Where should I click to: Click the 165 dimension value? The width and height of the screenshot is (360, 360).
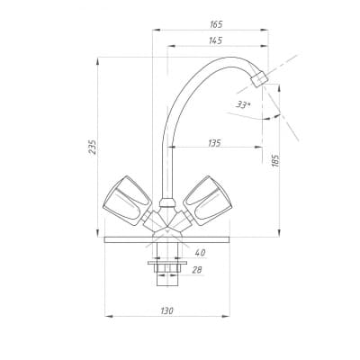coord(216,24)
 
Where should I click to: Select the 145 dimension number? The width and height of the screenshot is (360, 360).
coord(216,40)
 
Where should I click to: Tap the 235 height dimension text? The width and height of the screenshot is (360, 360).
coord(93,147)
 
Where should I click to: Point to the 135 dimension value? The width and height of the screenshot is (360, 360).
coord(214,143)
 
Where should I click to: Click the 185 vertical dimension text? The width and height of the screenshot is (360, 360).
coord(275,161)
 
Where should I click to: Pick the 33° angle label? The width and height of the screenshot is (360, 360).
coord(244,104)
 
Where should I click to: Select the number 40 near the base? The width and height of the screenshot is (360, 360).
coord(201,253)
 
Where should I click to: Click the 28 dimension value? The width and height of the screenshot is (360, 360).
coord(197,270)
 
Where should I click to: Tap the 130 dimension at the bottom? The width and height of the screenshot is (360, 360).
coord(167,310)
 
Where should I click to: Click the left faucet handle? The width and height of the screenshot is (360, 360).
coord(127,200)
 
